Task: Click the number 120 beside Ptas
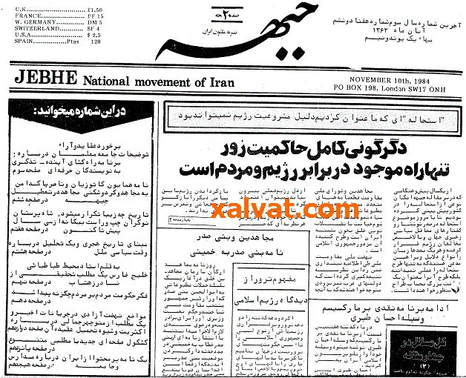coord(96,42)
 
